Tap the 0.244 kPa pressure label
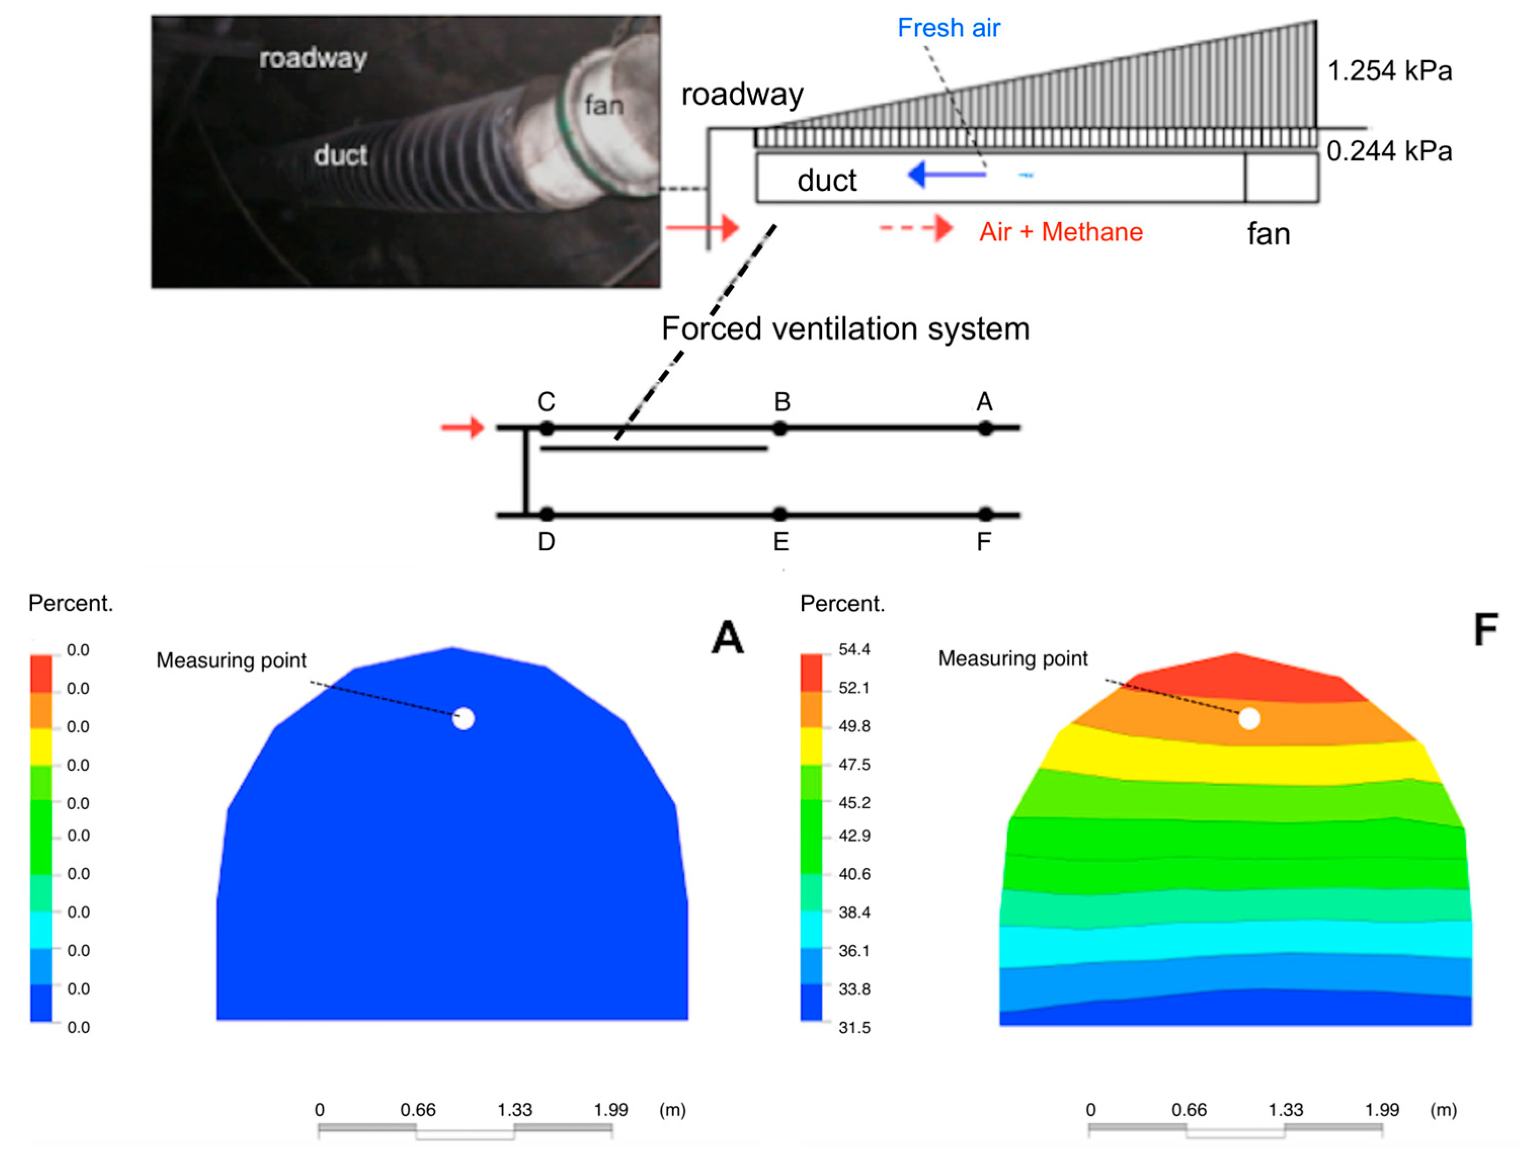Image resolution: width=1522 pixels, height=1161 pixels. (x=1389, y=151)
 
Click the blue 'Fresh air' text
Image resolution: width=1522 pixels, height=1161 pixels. (x=949, y=28)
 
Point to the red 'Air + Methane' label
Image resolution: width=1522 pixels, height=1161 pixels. (x=1060, y=232)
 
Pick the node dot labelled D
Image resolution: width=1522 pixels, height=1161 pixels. (x=546, y=514)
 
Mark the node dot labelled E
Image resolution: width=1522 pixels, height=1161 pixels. (x=779, y=514)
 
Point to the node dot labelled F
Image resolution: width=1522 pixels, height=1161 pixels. (x=985, y=514)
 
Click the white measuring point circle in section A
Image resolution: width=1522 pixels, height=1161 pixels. (x=463, y=719)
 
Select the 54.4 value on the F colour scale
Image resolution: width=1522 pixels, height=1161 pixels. (x=854, y=650)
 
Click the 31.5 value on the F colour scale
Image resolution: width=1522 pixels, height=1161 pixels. (x=854, y=1027)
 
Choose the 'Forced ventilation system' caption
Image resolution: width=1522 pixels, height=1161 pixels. (x=845, y=329)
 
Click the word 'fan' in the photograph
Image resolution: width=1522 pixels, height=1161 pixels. (x=603, y=106)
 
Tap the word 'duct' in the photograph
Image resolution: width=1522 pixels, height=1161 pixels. (x=340, y=155)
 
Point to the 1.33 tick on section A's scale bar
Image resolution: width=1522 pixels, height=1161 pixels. (x=515, y=1110)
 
